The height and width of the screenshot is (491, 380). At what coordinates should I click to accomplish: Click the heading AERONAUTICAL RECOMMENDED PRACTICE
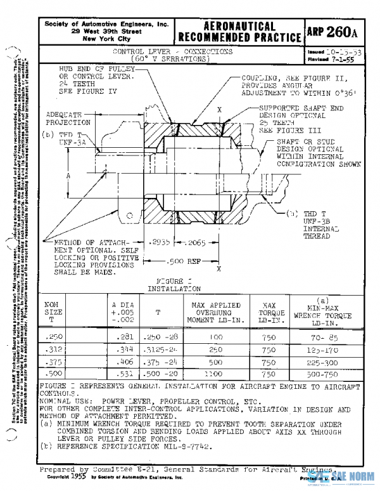click(x=237, y=32)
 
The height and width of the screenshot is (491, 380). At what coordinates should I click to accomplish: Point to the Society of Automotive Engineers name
click(x=106, y=23)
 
